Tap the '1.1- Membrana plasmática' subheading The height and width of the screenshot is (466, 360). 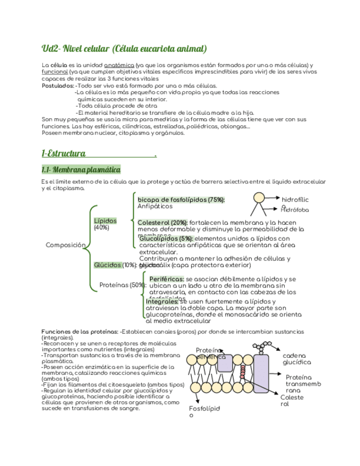[x=81, y=169]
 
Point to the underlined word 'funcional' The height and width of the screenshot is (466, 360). [x=55, y=71]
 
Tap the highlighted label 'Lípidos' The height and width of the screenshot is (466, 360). [x=106, y=220]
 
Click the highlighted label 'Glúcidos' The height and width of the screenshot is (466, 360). [x=108, y=265]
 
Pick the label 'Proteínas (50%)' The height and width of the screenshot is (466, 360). [x=122, y=285]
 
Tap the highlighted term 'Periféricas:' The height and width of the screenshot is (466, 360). [x=167, y=279]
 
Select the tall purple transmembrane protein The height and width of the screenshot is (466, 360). [x=261, y=374]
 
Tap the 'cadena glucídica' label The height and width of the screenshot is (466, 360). [x=297, y=359]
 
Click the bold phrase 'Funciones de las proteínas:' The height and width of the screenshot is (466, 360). [x=80, y=332]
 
